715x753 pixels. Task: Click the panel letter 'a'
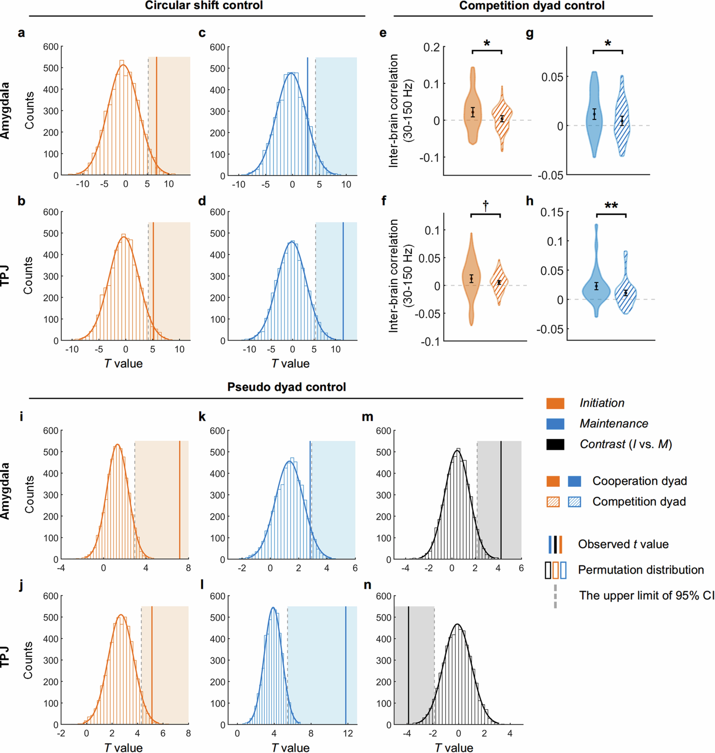point(21,33)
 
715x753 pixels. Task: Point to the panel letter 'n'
point(367,585)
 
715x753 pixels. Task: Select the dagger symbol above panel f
point(486,206)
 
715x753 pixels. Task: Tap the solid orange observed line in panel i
point(179,499)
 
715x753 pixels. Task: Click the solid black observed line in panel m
point(501,499)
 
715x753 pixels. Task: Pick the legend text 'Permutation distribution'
point(641,570)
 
